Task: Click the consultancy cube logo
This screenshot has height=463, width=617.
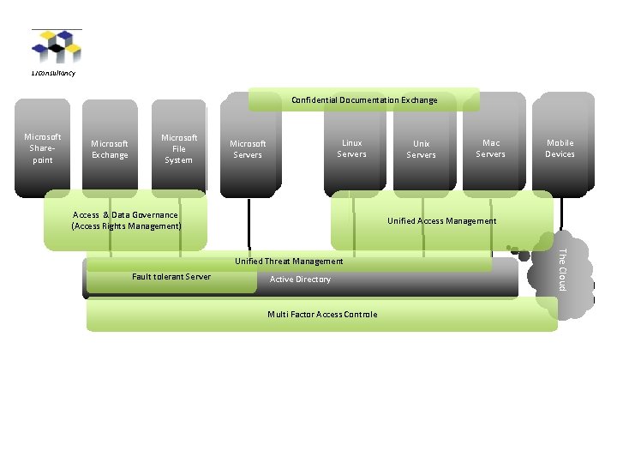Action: pyautogui.click(x=57, y=47)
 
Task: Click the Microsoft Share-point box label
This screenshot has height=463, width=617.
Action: pyautogui.click(x=43, y=148)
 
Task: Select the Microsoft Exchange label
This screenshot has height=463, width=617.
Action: pyautogui.click(x=110, y=149)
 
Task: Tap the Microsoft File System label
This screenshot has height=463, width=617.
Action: pyautogui.click(x=179, y=148)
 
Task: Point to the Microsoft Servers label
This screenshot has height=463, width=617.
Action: pyautogui.click(x=248, y=149)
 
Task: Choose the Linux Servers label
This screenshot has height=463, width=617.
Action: pyautogui.click(x=351, y=148)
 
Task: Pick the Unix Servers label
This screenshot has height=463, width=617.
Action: pyautogui.click(x=421, y=149)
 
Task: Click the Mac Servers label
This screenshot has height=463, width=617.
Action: pyautogui.click(x=490, y=148)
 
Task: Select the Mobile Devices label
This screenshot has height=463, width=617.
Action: pyautogui.click(x=560, y=148)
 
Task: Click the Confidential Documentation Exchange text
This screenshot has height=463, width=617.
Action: pyautogui.click(x=364, y=100)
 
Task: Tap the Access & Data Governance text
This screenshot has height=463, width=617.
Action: pyautogui.click(x=126, y=220)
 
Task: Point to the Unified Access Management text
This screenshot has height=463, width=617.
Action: pyautogui.click(x=441, y=221)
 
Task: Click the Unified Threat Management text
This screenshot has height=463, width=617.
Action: pyautogui.click(x=289, y=261)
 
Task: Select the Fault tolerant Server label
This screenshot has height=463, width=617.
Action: pyautogui.click(x=171, y=276)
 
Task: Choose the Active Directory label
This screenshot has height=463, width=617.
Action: pyautogui.click(x=300, y=280)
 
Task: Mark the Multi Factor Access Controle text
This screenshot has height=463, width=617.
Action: pyautogui.click(x=322, y=315)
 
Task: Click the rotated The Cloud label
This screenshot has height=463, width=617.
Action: pyautogui.click(x=562, y=268)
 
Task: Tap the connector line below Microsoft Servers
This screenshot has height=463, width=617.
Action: pyautogui.click(x=249, y=223)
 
